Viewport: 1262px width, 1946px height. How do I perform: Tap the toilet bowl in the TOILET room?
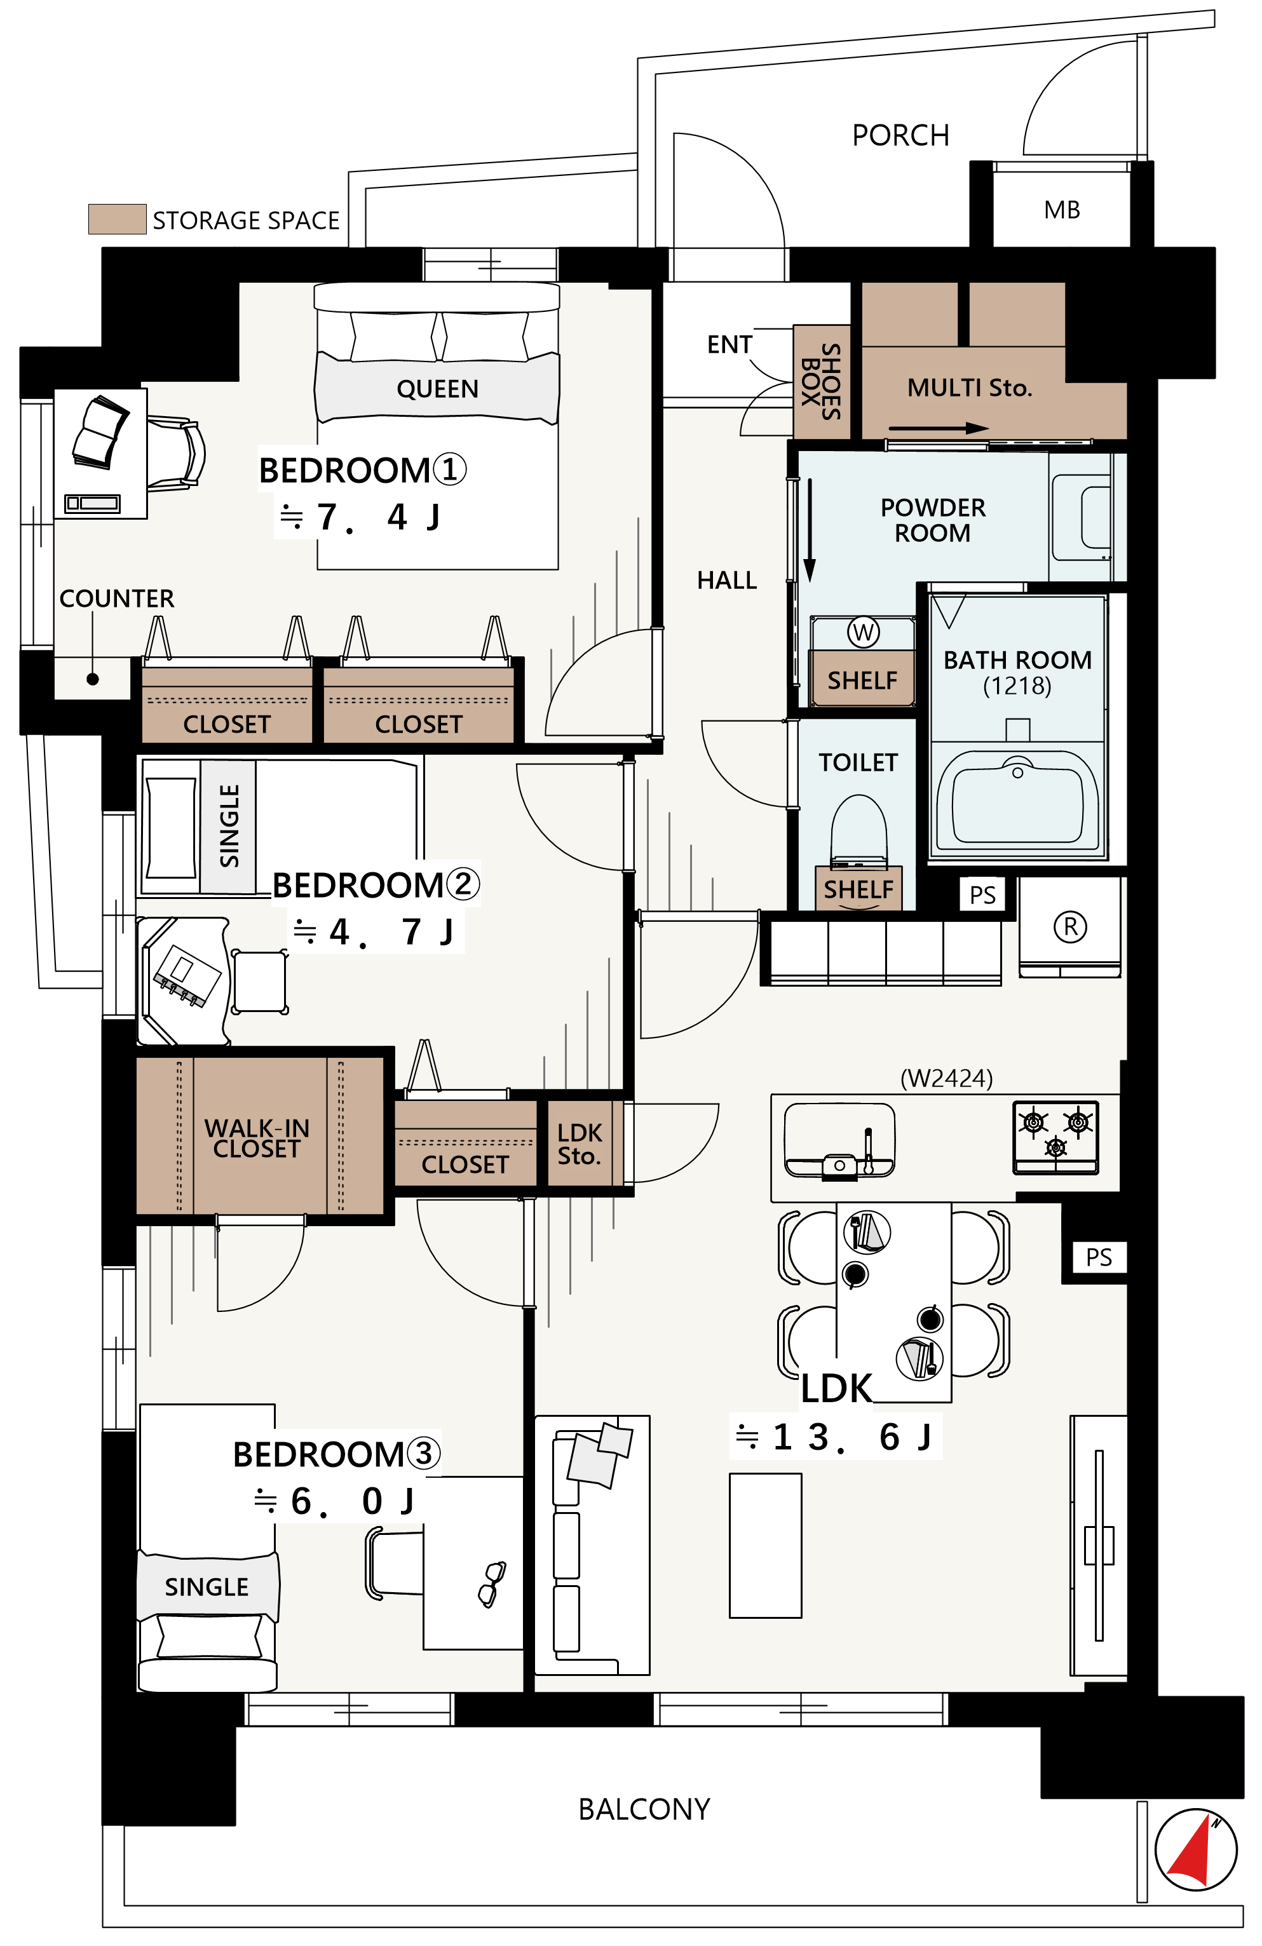tap(858, 829)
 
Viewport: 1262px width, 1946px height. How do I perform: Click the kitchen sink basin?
tap(839, 1139)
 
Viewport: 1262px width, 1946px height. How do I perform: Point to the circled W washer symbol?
tap(863, 632)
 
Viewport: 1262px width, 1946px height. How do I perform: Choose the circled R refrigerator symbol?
tap(1070, 926)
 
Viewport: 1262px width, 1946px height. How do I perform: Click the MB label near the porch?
tap(1062, 210)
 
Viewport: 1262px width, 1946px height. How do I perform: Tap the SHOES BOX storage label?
tap(821, 382)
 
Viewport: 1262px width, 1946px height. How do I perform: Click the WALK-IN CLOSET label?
tap(257, 1138)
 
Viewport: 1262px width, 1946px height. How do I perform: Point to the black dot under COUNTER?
tap(92, 679)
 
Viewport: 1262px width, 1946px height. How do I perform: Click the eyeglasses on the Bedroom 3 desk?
tap(492, 1584)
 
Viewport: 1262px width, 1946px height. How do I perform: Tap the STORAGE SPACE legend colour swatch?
tap(117, 219)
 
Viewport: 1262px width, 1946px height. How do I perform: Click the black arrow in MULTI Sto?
tap(939, 428)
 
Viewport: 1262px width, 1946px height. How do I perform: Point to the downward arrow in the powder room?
tap(810, 530)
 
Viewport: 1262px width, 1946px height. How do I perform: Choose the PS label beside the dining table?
tap(1099, 1257)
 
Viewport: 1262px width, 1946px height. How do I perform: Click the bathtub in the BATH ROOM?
tap(1017, 801)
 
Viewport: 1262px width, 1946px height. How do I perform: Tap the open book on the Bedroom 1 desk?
tap(100, 433)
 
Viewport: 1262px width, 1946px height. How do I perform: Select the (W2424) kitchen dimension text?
tap(946, 1079)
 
